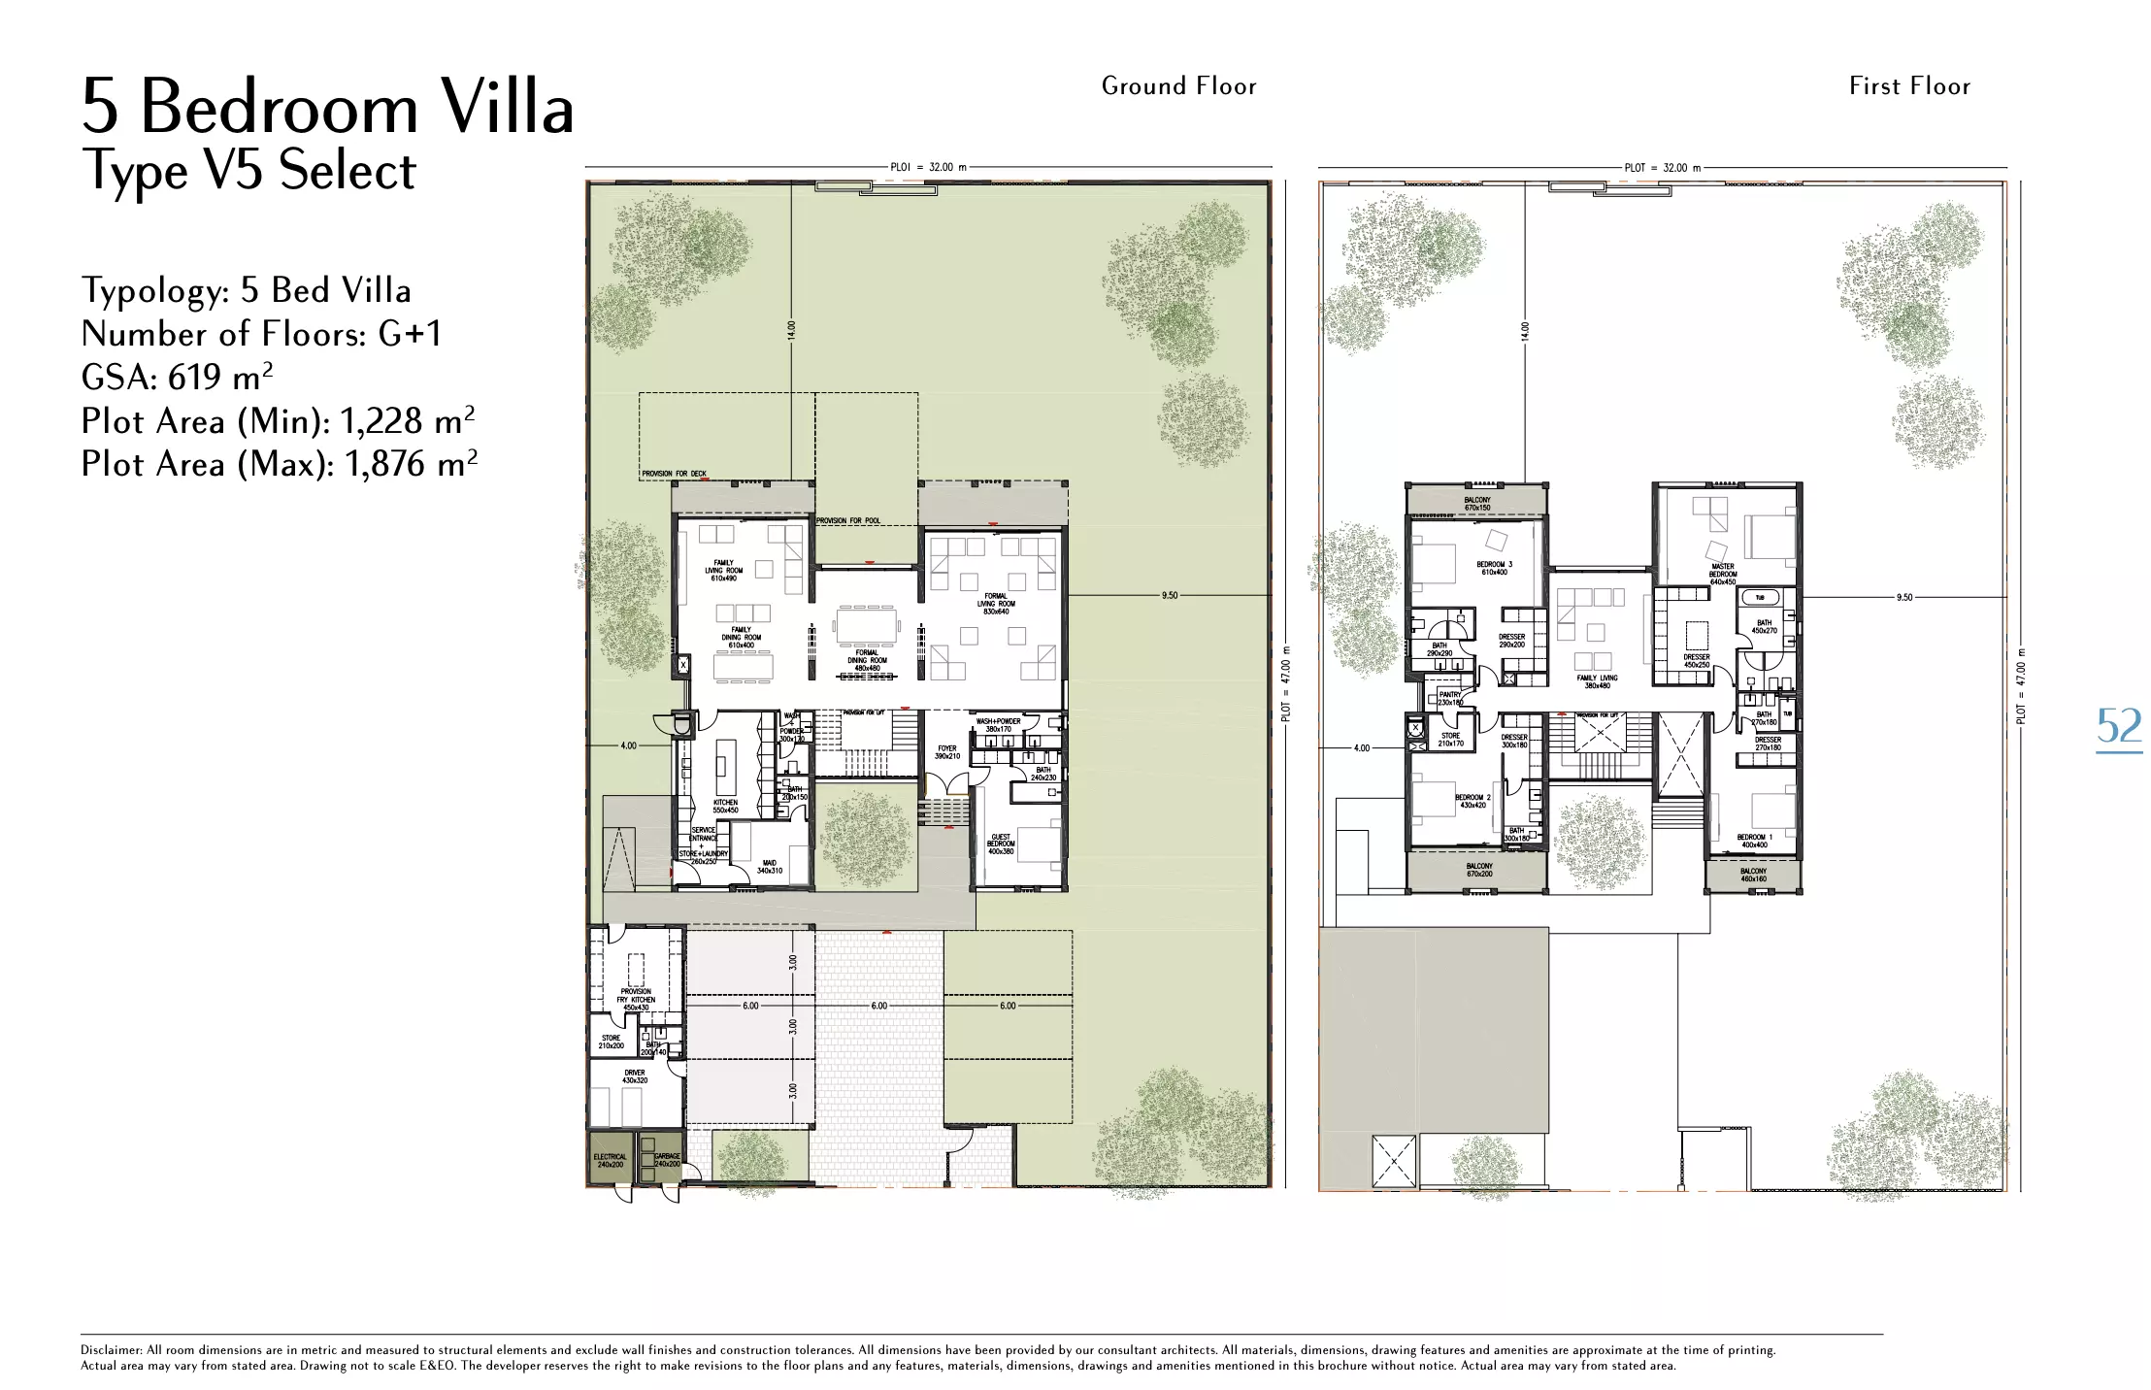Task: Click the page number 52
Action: (x=2118, y=727)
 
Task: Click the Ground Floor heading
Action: (x=1178, y=86)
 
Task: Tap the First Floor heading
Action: (x=1909, y=86)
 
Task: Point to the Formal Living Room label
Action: (x=996, y=604)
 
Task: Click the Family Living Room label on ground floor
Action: (x=723, y=570)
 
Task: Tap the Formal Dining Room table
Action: (x=866, y=625)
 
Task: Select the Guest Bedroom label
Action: (x=1001, y=844)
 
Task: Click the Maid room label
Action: (x=770, y=867)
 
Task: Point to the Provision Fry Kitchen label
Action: (x=636, y=1000)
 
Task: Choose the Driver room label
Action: (x=635, y=1076)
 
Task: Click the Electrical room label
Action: (x=611, y=1160)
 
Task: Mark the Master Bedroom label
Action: (x=1723, y=574)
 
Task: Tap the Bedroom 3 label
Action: (x=1494, y=568)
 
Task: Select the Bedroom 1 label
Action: (x=1754, y=841)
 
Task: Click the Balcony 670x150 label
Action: (x=1477, y=504)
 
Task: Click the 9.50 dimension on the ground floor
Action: (x=1170, y=595)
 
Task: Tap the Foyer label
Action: (x=947, y=752)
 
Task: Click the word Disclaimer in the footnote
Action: (x=111, y=1350)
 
